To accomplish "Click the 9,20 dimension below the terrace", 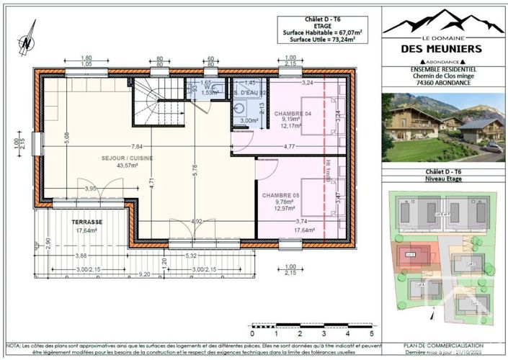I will coord(144,274).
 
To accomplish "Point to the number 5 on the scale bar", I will coord(371,334).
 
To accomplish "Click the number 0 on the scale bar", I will coord(252,334).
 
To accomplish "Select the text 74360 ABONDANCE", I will coord(442,83).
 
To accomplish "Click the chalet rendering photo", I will coord(442,127).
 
